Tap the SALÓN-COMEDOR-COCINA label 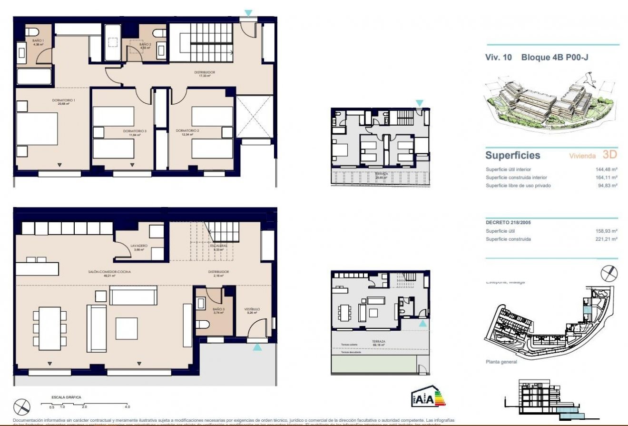pyautogui.click(x=109, y=272)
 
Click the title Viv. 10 pyautogui.click(x=498, y=58)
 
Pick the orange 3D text pyautogui.click(x=609, y=155)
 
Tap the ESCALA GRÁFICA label pyautogui.click(x=66, y=396)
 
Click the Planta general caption pyautogui.click(x=501, y=362)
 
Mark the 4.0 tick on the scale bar pyautogui.click(x=127, y=407)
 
